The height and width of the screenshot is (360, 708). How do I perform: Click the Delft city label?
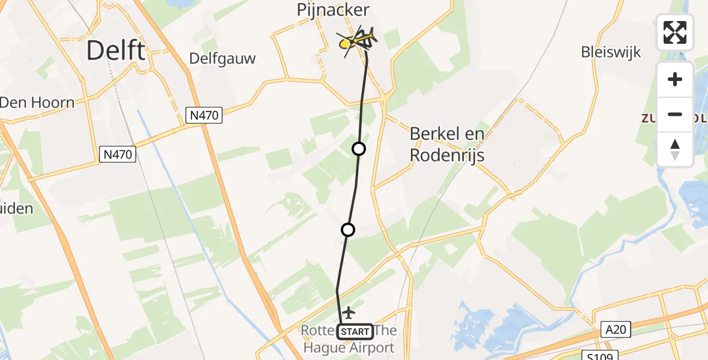(115, 50)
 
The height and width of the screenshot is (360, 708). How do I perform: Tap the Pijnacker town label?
(334, 10)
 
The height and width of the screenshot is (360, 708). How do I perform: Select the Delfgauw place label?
(223, 58)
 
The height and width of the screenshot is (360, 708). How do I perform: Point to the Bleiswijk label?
(611, 52)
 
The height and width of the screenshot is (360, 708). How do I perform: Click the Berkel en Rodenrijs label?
(446, 144)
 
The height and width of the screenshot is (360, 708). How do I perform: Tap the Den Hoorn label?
(37, 102)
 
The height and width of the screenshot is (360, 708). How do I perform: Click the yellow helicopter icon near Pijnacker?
(358, 40)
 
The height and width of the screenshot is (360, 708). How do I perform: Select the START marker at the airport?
(355, 331)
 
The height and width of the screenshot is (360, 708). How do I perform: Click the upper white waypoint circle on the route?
(359, 149)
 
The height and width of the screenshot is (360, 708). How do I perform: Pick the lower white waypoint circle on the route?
(347, 230)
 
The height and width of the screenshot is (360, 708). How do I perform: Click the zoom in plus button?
(675, 80)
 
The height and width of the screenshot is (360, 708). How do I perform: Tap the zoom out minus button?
(675, 114)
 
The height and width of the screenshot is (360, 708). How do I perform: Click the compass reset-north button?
(675, 149)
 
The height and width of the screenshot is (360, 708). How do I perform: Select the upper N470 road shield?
(204, 116)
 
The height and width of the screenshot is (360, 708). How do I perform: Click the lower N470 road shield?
(118, 155)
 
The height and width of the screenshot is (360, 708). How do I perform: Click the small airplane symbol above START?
(348, 313)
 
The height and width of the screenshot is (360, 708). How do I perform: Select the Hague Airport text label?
(349, 347)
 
